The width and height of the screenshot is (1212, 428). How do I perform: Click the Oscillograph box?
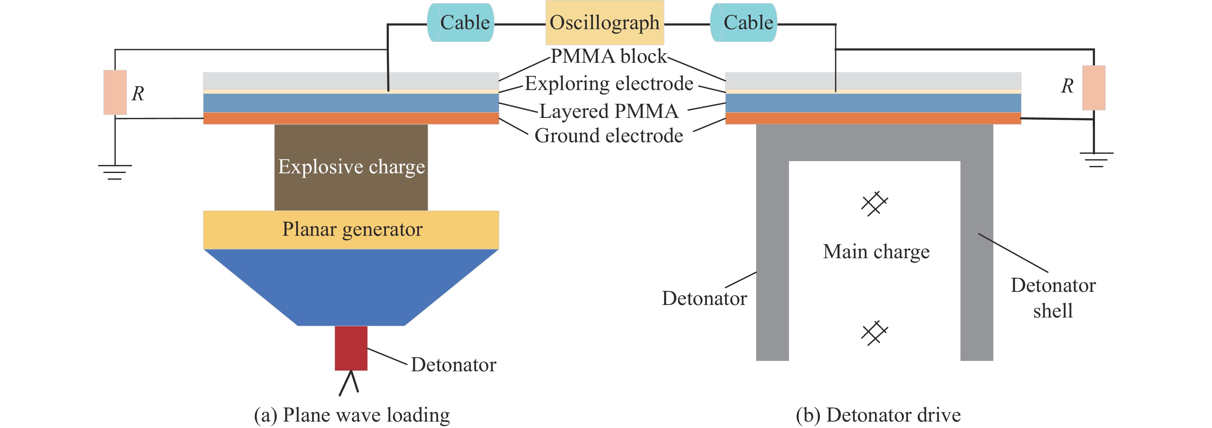(605, 22)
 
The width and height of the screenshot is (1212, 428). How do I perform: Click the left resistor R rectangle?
(115, 92)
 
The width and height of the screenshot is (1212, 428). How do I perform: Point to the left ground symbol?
(115, 172)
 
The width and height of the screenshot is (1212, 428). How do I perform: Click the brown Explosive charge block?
(351, 167)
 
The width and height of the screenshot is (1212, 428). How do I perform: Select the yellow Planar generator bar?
(351, 229)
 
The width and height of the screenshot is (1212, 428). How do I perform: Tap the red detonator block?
(351, 348)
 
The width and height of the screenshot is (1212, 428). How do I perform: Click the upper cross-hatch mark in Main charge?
(874, 203)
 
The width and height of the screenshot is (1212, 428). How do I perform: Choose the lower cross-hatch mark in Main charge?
(874, 333)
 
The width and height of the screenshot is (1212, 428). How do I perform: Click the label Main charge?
(876, 251)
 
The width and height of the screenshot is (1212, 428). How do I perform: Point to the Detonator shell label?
(1053, 298)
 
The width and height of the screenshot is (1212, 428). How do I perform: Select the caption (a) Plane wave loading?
(352, 415)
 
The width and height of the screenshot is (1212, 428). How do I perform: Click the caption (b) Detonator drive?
(878, 415)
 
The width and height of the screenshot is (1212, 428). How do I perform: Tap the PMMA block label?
(609, 56)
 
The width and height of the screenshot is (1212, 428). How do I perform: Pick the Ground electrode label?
(609, 136)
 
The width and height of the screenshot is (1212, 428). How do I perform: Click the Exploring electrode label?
(609, 84)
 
